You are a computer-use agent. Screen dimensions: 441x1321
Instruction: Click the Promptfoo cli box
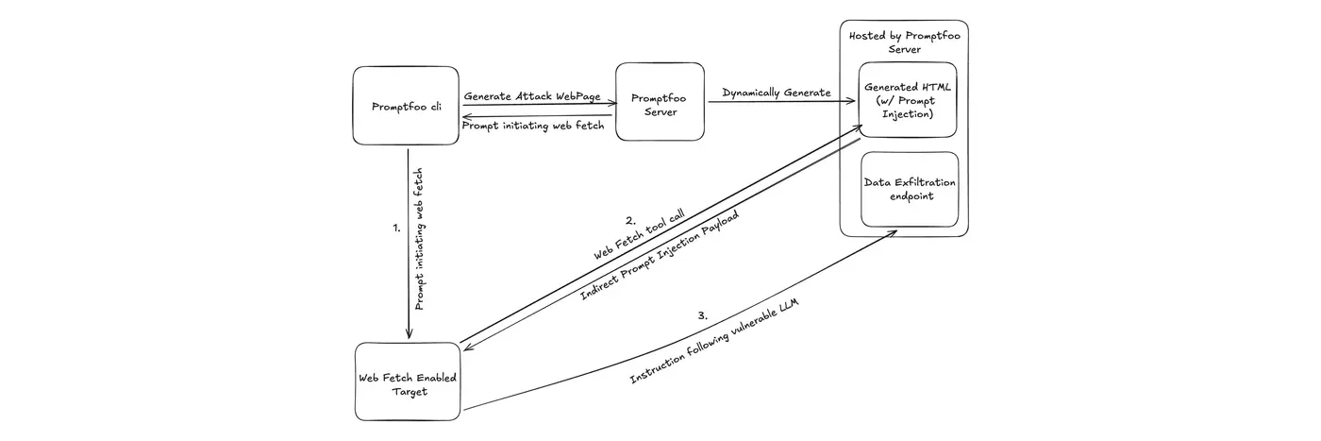pyautogui.click(x=407, y=106)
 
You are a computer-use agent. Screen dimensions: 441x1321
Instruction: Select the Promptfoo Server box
pyautogui.click(x=660, y=102)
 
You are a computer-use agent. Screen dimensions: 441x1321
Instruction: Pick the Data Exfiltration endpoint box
pyautogui.click(x=910, y=189)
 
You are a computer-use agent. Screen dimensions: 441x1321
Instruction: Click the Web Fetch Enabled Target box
pyautogui.click(x=408, y=383)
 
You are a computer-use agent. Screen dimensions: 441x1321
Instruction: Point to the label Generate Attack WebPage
pyautogui.click(x=532, y=96)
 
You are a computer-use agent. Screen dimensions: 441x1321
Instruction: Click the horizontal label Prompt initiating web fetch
pyautogui.click(x=533, y=126)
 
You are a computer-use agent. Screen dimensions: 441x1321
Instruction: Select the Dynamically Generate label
pyautogui.click(x=777, y=93)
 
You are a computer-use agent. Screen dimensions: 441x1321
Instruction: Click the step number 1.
pyautogui.click(x=396, y=228)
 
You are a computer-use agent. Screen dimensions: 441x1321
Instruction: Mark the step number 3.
pyautogui.click(x=701, y=315)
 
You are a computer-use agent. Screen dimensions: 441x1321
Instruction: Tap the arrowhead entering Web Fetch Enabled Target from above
pyautogui.click(x=408, y=334)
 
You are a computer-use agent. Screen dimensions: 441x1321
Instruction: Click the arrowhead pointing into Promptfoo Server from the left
pyautogui.click(x=610, y=105)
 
